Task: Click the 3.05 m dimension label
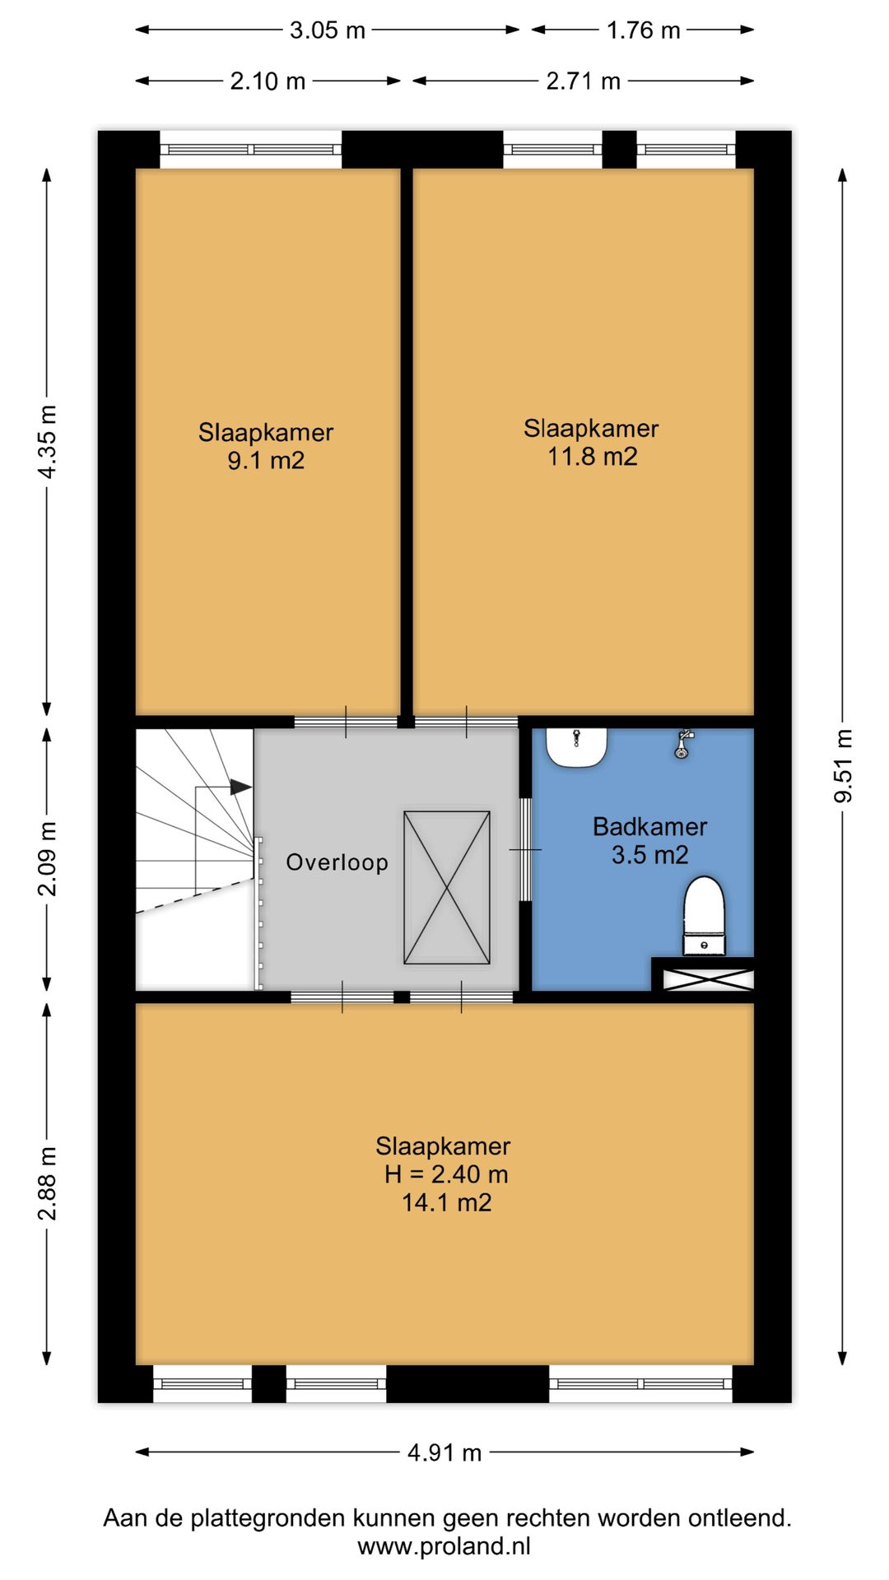[x=327, y=30]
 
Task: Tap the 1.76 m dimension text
[x=643, y=30]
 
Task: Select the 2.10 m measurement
[x=268, y=81]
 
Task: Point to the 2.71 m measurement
[x=583, y=81]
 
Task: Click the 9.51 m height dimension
[x=844, y=765]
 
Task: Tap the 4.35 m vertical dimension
[x=48, y=441]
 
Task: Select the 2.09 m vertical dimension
[x=48, y=858]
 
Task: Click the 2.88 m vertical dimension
[x=48, y=1183]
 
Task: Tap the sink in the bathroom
[x=577, y=747]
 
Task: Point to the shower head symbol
[x=682, y=744]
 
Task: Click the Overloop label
[x=337, y=862]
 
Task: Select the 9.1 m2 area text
[x=266, y=460]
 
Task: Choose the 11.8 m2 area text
[x=593, y=456]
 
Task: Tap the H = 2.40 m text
[x=446, y=1174]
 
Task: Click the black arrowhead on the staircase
[x=240, y=787]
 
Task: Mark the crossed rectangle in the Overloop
[x=447, y=888]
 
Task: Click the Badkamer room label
[x=650, y=826]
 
